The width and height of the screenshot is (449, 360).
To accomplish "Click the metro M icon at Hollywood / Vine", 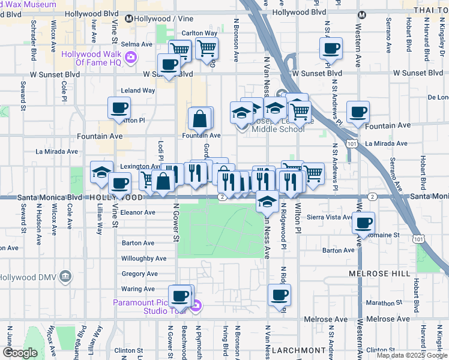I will (x=128, y=19).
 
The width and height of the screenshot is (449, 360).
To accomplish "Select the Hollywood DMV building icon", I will (x=65, y=277).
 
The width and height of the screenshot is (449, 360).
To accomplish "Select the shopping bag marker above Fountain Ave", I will (x=200, y=118).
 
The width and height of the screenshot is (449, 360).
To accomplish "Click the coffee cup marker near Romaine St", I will (x=363, y=223).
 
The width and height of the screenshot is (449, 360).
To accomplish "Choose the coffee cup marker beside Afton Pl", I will (x=119, y=108).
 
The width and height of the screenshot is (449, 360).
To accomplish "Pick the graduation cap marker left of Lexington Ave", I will (x=101, y=172).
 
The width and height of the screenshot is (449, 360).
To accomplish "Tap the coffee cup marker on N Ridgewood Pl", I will (x=279, y=295).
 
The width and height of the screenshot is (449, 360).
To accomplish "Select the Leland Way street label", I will (x=138, y=91).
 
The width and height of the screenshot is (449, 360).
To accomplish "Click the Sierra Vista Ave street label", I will (x=329, y=217).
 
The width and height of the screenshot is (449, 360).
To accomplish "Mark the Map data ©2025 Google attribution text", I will (x=412, y=355).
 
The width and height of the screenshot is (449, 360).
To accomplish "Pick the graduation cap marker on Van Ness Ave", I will (x=267, y=202).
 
